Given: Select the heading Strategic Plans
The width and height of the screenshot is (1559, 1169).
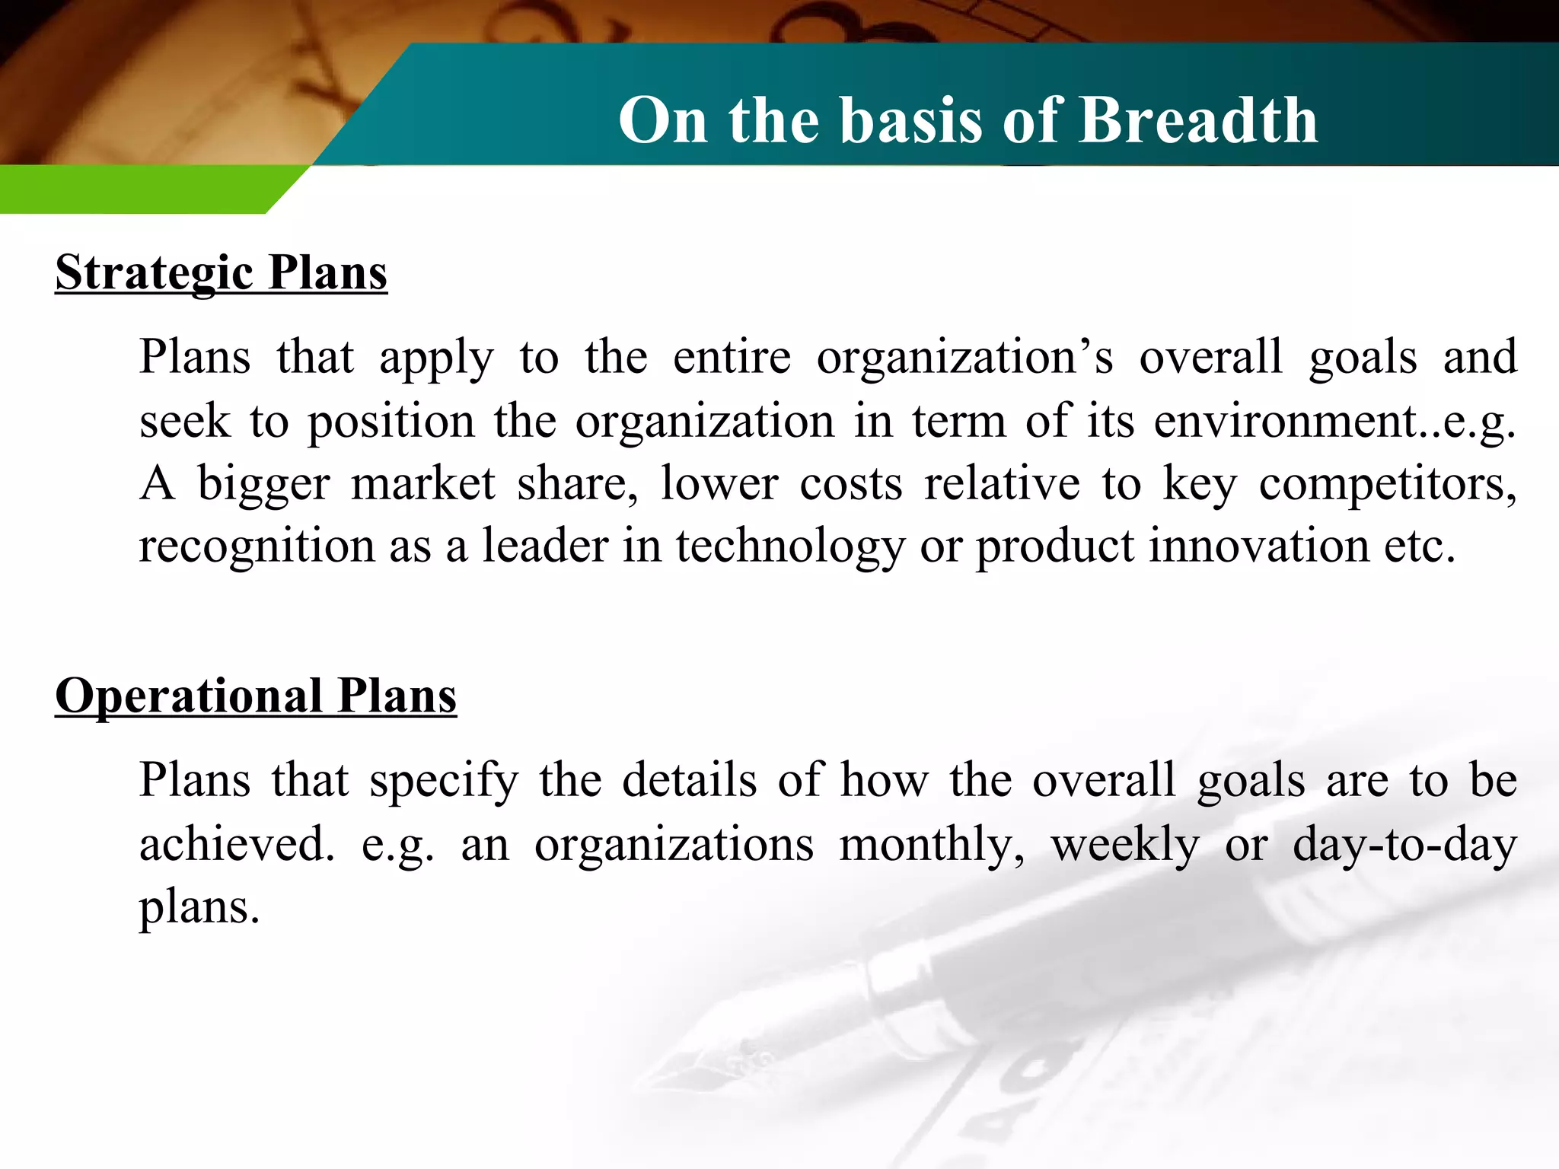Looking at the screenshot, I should tap(221, 272).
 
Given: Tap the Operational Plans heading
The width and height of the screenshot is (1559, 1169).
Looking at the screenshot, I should tap(256, 696).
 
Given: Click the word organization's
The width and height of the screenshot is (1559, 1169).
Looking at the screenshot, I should tap(964, 358).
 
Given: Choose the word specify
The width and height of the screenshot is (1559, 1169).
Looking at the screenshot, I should tap(444, 781).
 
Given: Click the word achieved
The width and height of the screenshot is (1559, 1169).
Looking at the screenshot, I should tap(236, 845).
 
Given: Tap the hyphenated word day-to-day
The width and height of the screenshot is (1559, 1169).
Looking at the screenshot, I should tap(1404, 845).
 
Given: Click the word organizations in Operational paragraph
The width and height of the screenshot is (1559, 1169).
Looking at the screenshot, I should tap(674, 845).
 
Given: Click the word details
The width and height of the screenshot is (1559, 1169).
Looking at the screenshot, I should tap(689, 781).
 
